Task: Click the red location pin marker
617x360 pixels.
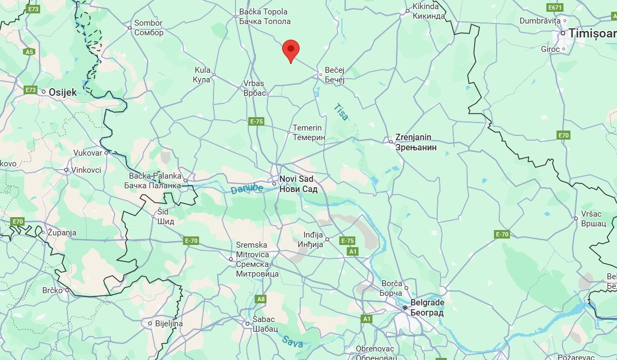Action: (291, 50)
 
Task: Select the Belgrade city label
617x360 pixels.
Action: (427, 308)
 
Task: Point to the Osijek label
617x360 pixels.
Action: (63, 92)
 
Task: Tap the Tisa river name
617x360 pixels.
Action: (341, 111)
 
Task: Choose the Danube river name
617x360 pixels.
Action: (247, 188)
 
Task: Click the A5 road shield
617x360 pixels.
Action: (29, 52)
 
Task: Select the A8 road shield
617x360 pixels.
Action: (261, 299)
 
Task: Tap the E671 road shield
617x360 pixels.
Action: (555, 7)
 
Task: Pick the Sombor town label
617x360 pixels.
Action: (149, 28)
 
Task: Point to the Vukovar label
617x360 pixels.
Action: (88, 153)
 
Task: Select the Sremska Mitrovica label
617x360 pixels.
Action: (257, 259)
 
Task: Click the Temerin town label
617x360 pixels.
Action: (309, 132)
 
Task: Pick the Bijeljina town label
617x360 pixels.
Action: (169, 324)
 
